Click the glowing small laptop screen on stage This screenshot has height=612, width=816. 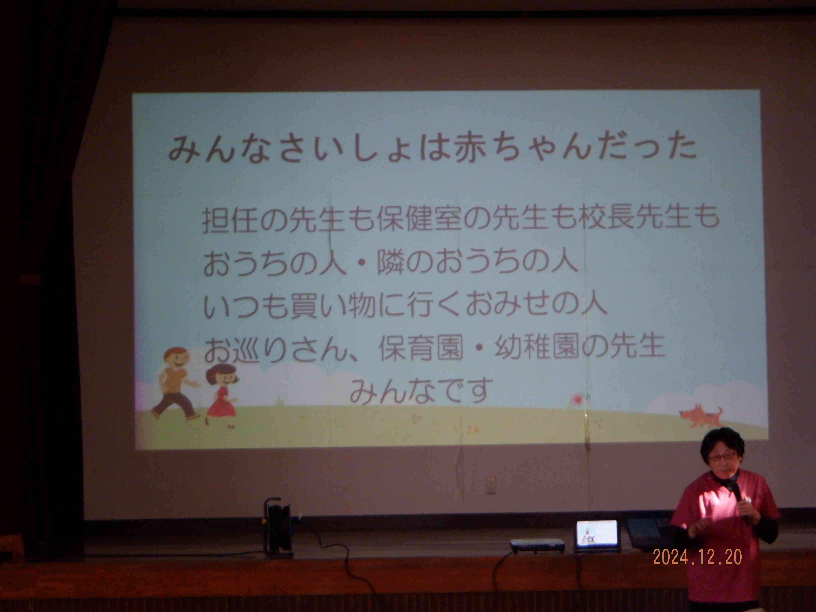(597, 533)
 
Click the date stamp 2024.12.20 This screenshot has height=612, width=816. (697, 557)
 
